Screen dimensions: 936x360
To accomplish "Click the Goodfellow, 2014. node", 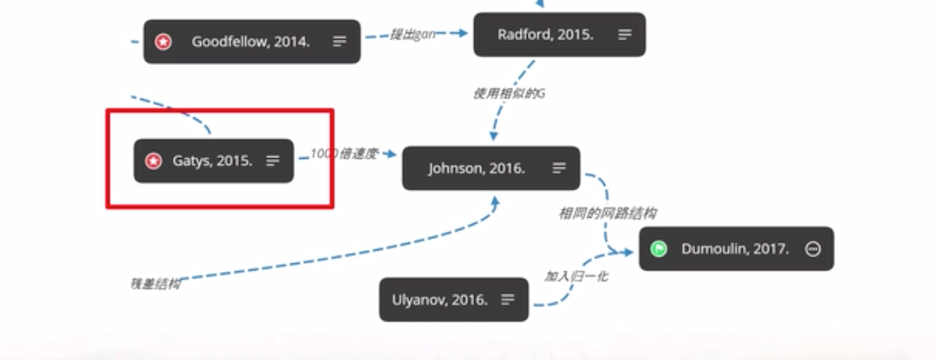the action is (251, 41).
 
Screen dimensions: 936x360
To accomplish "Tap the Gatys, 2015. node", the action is (212, 161).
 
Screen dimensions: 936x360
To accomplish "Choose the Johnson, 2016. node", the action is (477, 168).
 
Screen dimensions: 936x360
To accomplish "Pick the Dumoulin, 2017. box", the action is (735, 248).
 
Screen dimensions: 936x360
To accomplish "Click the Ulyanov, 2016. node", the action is (446, 299).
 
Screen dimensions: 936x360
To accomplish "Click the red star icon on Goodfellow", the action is (163, 41).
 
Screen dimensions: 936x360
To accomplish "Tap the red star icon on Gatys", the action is (154, 161).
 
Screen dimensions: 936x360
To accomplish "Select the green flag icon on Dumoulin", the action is (659, 248).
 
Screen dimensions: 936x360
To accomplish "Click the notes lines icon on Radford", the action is (624, 35).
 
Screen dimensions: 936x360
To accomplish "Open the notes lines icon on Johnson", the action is (559, 168).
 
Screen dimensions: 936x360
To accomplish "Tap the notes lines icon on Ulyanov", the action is (508, 299).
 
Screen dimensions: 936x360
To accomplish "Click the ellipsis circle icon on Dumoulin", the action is (813, 248).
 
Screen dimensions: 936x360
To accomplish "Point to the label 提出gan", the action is (414, 34).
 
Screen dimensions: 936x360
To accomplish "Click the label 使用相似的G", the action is (509, 93).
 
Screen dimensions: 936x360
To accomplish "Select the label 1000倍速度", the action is (343, 154).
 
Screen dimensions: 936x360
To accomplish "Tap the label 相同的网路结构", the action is (608, 213).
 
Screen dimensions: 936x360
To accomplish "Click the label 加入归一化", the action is (576, 276).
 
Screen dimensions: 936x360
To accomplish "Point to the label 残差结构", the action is (155, 284).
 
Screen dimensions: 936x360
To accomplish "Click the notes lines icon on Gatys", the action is (273, 161).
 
